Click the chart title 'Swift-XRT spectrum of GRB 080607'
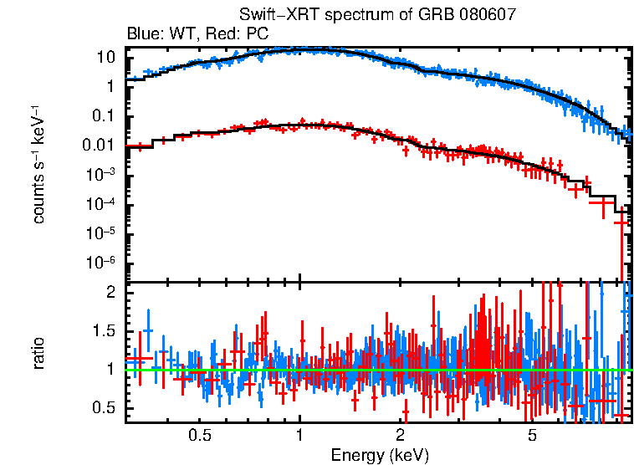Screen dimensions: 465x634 376,15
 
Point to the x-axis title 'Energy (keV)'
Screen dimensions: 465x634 380,455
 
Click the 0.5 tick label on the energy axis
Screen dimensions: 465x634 199,435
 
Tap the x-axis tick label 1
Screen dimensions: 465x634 299,435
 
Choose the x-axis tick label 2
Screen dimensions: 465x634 401,435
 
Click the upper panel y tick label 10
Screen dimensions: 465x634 105,57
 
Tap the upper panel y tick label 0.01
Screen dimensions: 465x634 100,145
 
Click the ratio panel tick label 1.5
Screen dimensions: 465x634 104,330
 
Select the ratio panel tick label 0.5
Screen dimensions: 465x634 104,407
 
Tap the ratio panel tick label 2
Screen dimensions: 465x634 111,292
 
